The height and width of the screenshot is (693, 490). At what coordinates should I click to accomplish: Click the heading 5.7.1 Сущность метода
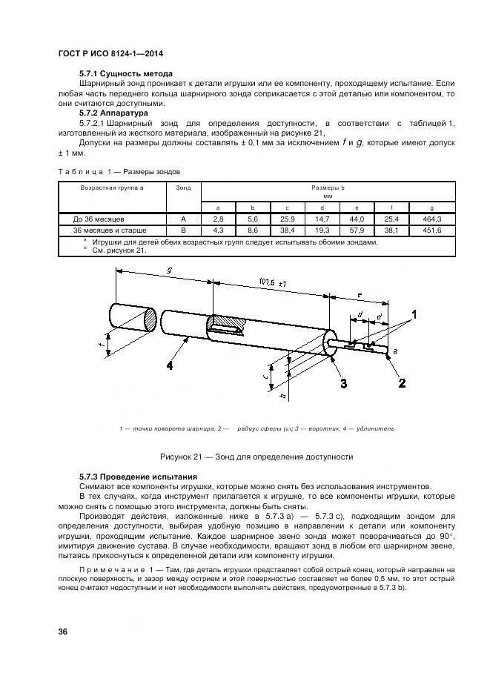click(x=125, y=74)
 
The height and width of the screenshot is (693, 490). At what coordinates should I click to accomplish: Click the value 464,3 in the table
click(x=432, y=219)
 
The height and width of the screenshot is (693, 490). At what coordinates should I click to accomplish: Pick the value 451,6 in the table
click(x=432, y=230)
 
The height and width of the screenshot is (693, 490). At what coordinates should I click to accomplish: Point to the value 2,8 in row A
click(x=218, y=219)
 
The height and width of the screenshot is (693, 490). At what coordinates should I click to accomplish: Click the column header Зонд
click(x=183, y=188)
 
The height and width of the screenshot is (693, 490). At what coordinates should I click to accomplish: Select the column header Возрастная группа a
click(x=111, y=188)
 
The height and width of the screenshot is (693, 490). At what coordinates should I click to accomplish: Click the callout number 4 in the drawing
click(x=170, y=365)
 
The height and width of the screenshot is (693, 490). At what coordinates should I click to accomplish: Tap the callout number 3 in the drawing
click(x=343, y=382)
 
